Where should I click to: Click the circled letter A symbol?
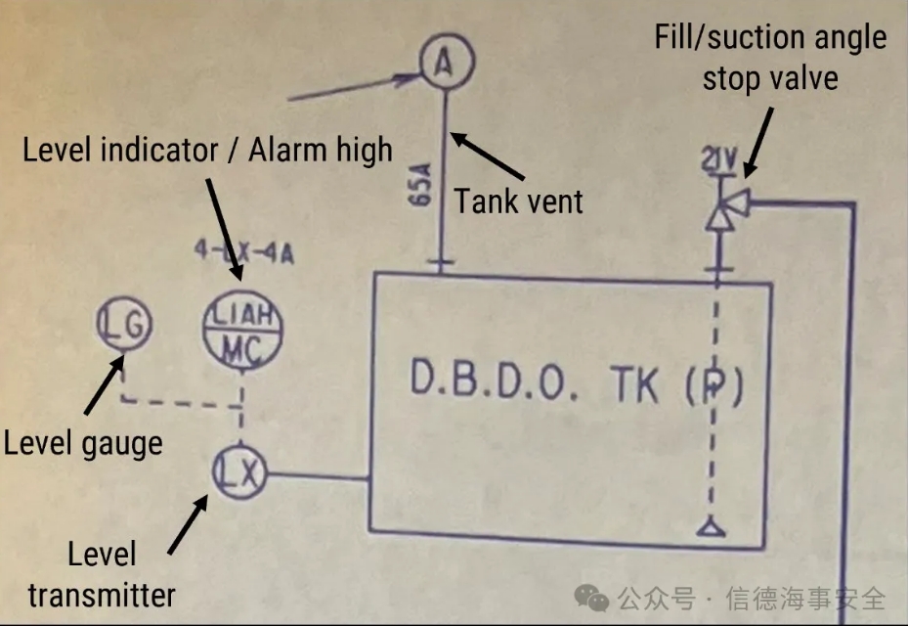point(445,63)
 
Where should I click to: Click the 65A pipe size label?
point(421,184)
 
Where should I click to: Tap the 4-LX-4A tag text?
point(243,255)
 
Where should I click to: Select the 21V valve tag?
point(719,160)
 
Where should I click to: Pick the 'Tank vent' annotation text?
point(518,201)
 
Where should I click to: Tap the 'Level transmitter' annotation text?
point(102,574)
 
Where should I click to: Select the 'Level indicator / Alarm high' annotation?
point(207,150)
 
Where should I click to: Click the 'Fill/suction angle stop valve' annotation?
point(771,57)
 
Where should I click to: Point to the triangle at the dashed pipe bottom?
point(709,529)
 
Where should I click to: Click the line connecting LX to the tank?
point(317,477)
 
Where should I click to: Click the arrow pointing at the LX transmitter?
point(188,524)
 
